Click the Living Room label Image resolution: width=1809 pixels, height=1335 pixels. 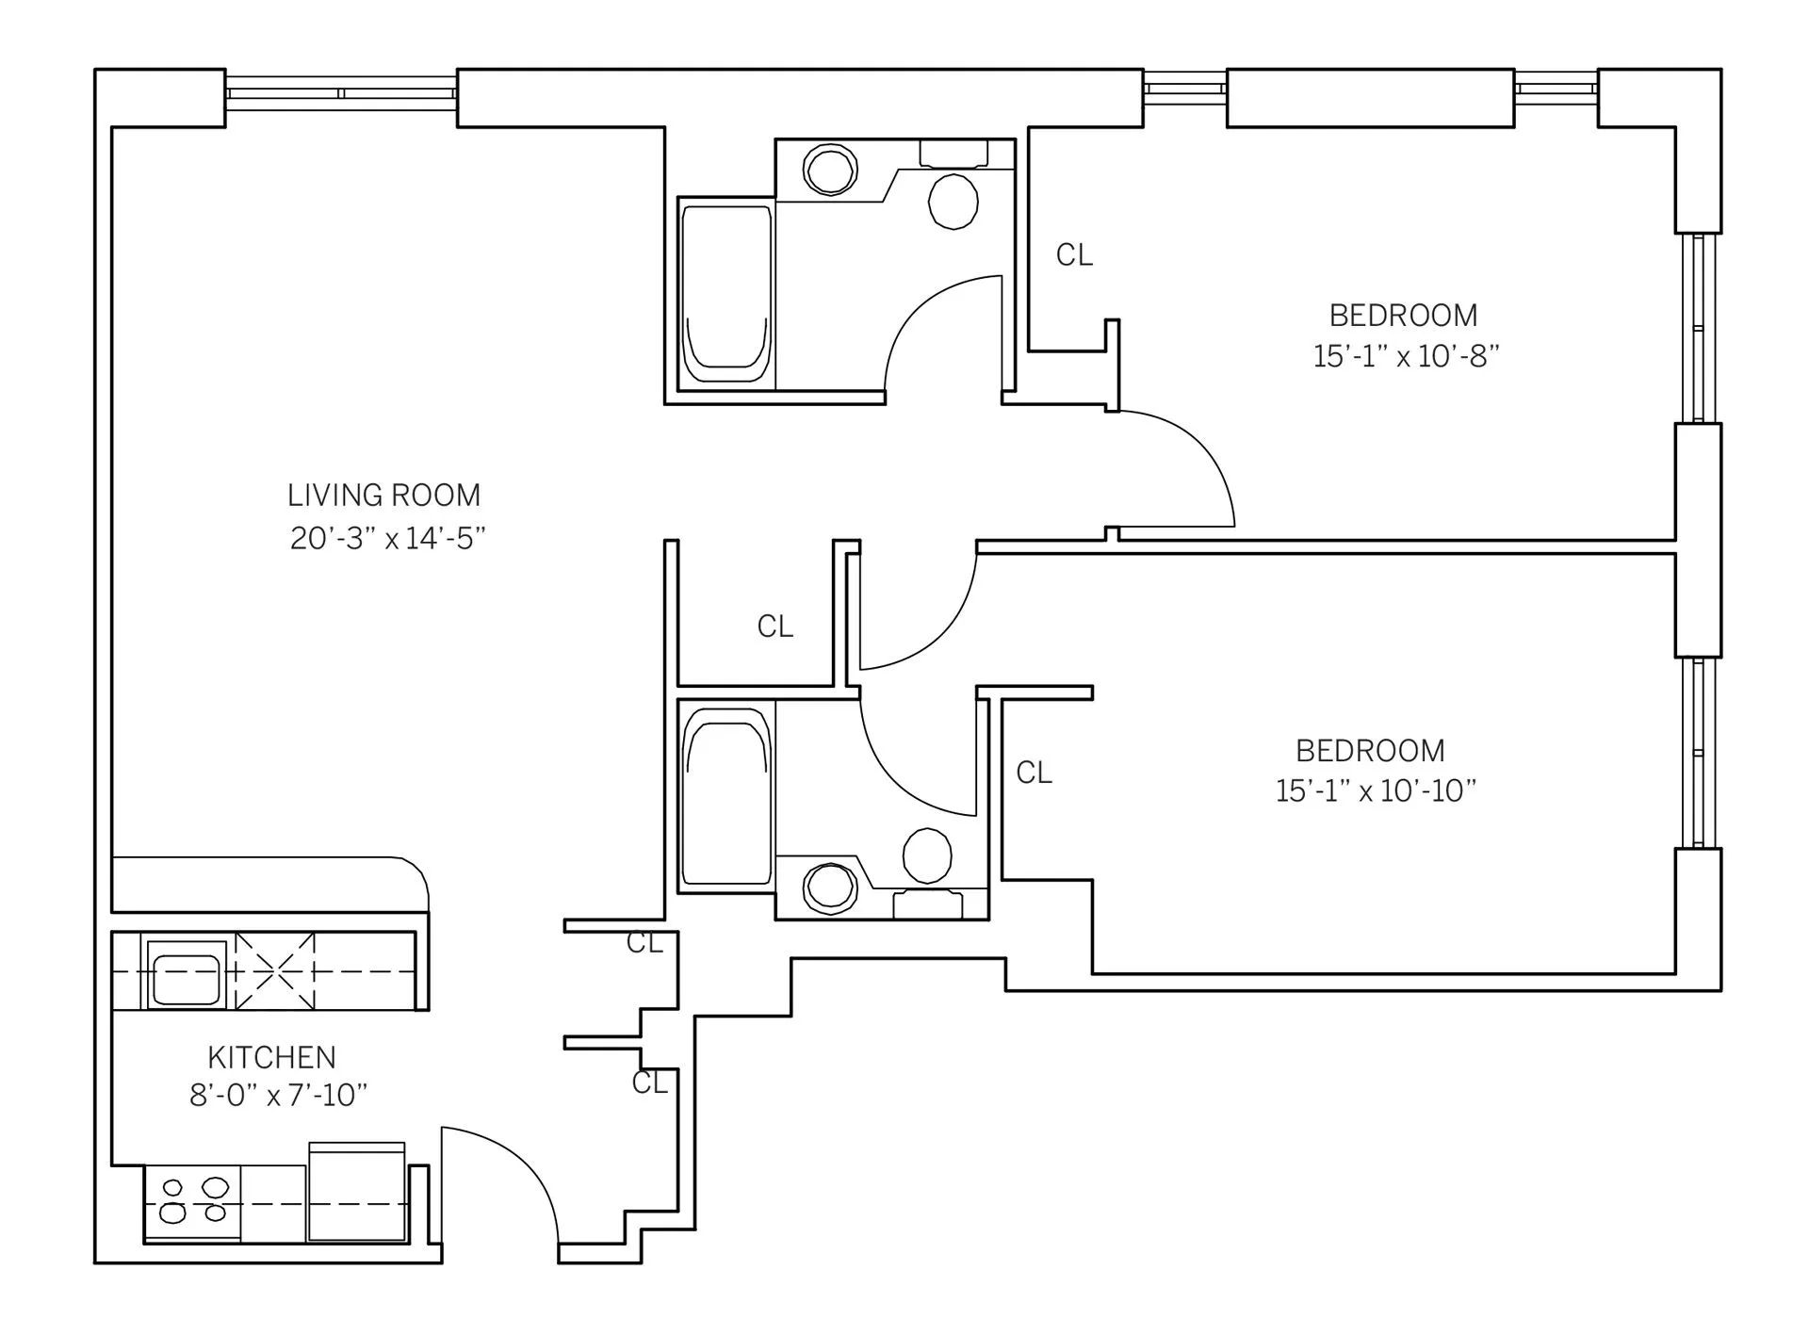(383, 495)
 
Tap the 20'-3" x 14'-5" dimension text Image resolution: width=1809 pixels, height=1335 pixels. (387, 538)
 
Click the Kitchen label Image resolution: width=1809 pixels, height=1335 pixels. (271, 1057)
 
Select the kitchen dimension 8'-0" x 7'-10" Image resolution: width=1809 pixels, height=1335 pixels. (278, 1095)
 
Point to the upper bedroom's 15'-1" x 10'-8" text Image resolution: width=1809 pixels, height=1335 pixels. (1406, 356)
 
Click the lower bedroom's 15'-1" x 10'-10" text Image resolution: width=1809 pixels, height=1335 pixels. (1376, 790)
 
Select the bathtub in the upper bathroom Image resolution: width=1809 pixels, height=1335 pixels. (725, 294)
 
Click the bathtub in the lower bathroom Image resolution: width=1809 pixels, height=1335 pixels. (725, 796)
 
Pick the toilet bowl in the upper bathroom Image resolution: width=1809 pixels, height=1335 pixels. (953, 200)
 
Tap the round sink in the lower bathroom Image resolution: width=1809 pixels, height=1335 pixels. (830, 887)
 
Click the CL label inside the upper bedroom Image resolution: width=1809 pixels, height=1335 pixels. (1074, 254)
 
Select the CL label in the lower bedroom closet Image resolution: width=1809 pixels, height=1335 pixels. (1034, 773)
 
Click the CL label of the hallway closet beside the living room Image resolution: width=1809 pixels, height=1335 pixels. (774, 626)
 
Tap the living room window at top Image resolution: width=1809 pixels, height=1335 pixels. (341, 93)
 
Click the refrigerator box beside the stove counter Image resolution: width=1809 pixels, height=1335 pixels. (357, 1194)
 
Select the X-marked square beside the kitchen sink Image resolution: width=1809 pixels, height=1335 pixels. (274, 970)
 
